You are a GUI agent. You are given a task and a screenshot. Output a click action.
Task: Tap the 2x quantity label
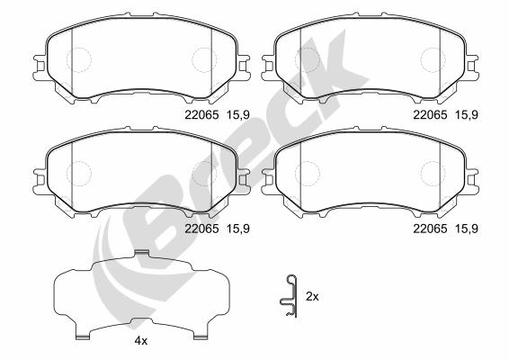tap(312, 296)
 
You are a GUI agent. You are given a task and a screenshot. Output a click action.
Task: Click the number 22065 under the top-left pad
tap(201, 115)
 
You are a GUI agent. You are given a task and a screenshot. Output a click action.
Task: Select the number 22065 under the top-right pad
tap(429, 115)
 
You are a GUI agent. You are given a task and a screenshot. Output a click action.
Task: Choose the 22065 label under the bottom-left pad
tap(201, 229)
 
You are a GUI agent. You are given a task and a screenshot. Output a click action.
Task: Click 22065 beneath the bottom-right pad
tap(429, 229)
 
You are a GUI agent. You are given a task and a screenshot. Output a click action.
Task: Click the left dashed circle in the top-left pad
tap(79, 59)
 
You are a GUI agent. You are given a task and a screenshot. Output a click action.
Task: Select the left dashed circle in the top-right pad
tap(308, 59)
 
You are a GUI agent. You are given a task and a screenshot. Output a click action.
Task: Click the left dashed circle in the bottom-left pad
tap(79, 173)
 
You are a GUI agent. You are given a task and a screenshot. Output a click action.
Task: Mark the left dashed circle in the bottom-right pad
tap(308, 173)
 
